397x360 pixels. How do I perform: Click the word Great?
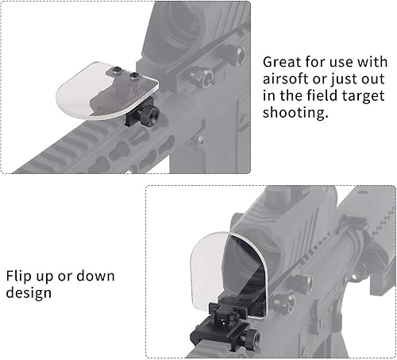[x=282, y=62]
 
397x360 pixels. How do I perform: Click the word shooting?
[x=295, y=113]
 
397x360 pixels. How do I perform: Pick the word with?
[x=372, y=62]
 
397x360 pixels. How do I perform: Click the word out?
[x=374, y=80]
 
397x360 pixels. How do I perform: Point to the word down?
[x=95, y=276]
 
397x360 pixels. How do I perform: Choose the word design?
[x=29, y=293]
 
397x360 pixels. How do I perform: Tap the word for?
[x=316, y=62]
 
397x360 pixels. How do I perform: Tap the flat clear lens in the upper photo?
[x=107, y=91]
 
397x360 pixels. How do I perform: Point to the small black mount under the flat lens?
[x=137, y=113]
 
